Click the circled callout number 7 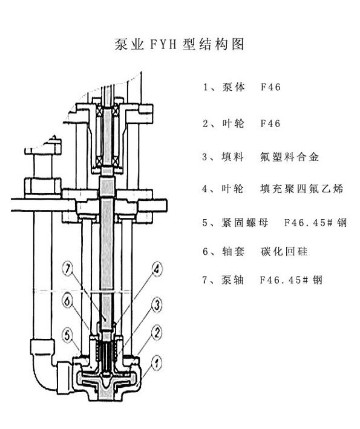pos(68,269)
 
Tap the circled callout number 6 pos(67,301)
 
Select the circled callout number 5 pos(68,335)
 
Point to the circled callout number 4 pos(156,269)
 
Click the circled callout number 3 pos(157,305)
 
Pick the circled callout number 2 pos(157,333)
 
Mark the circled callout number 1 pos(156,363)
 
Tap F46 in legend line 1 pos(270,87)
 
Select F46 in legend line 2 pos(270,123)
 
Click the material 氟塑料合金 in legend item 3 pos(289,157)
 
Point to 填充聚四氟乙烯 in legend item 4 pos(301,189)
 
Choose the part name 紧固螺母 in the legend pos(244,223)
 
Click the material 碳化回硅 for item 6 pos(284,251)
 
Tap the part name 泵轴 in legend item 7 pos(233,280)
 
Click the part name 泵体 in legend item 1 pos(234,87)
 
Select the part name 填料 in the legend pos(232,157)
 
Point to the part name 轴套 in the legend pos(233,251)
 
